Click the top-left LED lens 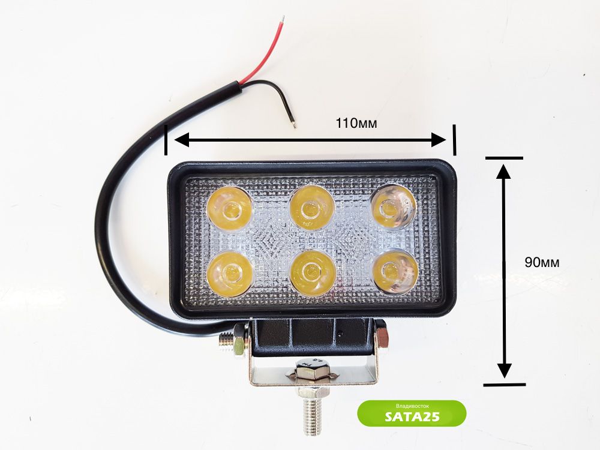point(229,209)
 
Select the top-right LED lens point(393,207)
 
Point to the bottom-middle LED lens point(311,273)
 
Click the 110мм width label point(356,124)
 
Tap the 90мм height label point(542,262)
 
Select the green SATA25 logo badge point(412,413)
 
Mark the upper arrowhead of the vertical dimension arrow point(503,170)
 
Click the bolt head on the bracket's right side point(382,336)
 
